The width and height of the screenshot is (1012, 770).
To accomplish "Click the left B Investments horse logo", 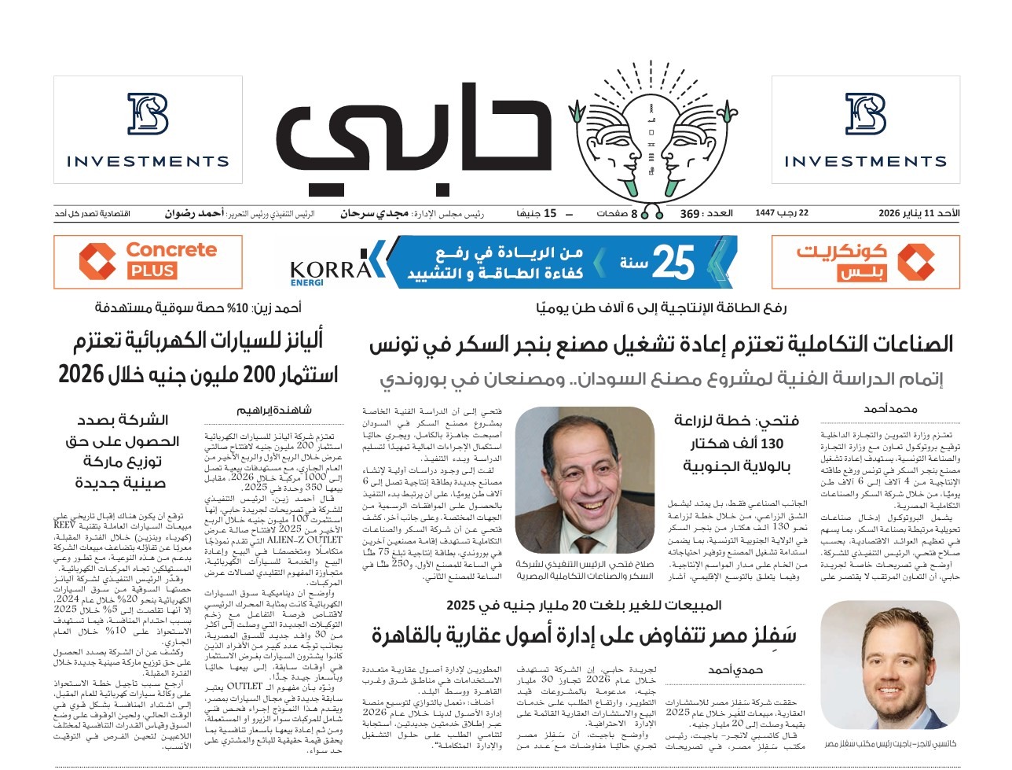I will pos(148,115).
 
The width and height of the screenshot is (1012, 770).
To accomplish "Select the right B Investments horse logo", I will pos(866,115).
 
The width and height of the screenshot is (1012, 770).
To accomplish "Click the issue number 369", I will pos(689,214).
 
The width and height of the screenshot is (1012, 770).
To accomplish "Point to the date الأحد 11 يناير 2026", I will pos(918,213).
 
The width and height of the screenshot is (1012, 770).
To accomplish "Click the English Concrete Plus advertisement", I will pos(148,261).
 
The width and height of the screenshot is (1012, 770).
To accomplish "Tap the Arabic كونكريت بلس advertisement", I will pos(866,261).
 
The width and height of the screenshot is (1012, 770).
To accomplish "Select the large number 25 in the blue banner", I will pos(673,262).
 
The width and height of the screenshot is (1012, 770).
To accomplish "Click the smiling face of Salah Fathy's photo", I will pos(585,470).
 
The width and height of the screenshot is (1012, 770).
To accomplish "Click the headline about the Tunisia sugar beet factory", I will pos(661,344).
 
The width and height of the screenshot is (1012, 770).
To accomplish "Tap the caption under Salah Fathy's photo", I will pos(585,570).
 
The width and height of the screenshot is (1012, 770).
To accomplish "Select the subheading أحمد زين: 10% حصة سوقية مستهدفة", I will pos(198,308).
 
